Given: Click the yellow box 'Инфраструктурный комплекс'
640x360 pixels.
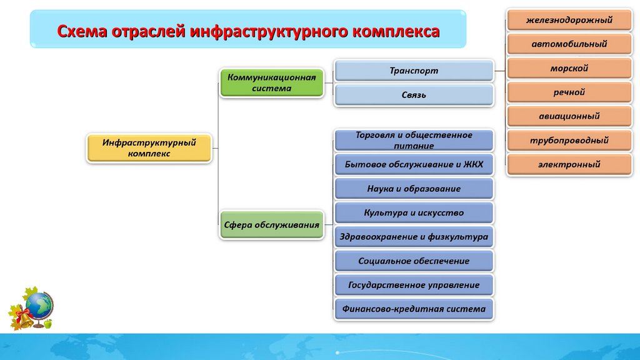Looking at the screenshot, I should pos(148,148).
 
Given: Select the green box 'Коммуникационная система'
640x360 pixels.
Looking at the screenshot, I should pos(272,83).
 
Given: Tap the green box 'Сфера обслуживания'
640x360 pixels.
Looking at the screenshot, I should pos(272,224).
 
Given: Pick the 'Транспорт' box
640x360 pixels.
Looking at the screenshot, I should pos(414,71).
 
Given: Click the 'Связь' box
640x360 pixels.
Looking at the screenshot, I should pos(414,95).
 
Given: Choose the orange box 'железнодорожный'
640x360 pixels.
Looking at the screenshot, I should pos(569,21).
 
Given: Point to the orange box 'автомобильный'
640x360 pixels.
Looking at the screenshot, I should pos(569,44).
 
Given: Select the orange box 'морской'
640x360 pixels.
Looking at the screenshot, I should pos(569,68).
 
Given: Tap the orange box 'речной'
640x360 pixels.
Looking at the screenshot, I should pos(569,92).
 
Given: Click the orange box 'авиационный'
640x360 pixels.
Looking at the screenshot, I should pos(569,116).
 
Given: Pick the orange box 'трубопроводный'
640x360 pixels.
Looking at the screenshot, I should pos(569,141).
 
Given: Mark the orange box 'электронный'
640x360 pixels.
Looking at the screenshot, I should pos(569,164).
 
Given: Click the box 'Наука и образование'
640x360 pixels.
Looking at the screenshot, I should pos(414,189).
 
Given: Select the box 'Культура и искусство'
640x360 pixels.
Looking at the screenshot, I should pos(414,213).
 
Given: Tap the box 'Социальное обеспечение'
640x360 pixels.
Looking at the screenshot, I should pos(414,261).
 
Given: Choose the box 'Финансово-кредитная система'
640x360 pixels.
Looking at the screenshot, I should pos(414,309).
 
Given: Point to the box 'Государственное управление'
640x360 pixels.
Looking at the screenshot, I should pos(414,286).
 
